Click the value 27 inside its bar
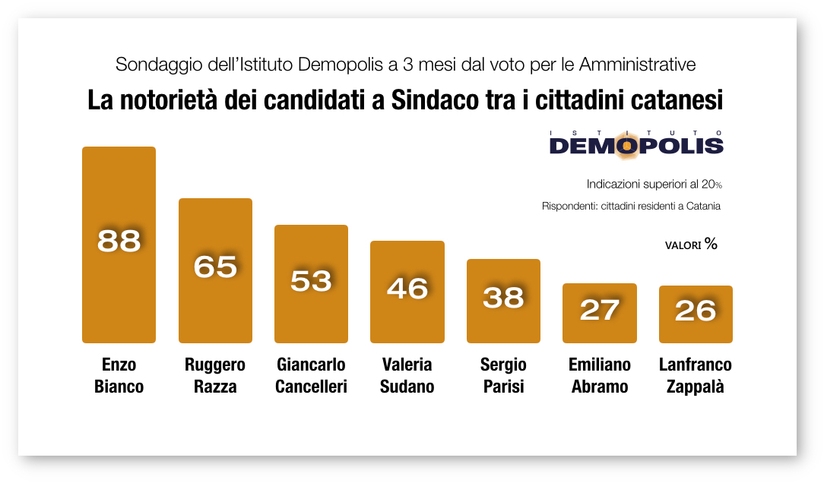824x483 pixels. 600,311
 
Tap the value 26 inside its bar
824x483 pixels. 696,311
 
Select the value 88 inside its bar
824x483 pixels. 119,241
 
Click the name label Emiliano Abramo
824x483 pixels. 599,376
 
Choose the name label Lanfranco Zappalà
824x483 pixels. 695,376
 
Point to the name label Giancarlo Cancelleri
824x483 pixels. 311,376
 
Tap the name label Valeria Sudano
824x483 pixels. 407,376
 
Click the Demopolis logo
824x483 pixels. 636,143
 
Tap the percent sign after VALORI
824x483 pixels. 711,244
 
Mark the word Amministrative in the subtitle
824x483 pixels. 637,65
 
